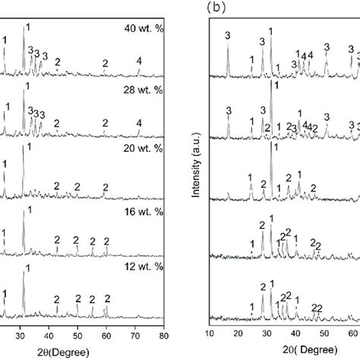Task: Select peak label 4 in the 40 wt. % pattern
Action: point(138,61)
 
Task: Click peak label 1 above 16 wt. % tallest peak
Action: point(30,210)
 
